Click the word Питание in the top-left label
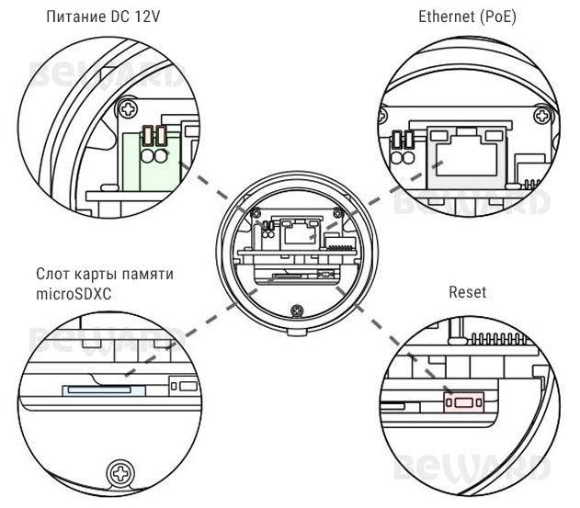coord(59,17)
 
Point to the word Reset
coord(467,292)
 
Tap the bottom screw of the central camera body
coord(296,311)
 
